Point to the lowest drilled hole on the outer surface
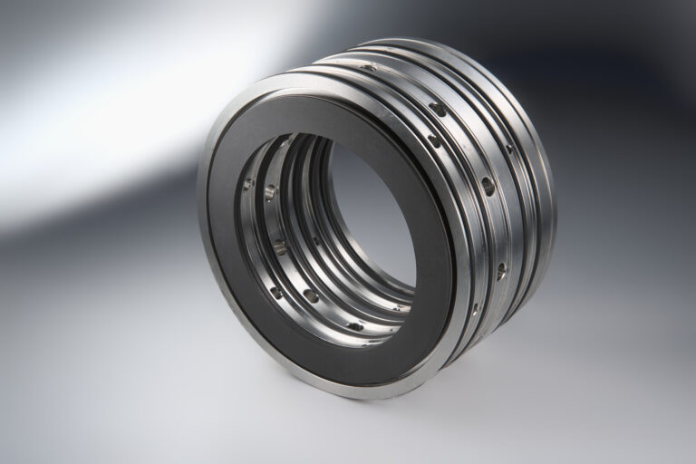(474, 309)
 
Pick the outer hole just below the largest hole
(501, 269)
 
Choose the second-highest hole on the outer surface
(438, 109)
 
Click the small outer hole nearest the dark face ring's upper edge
(434, 141)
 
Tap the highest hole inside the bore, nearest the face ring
(247, 183)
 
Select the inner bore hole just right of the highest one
(269, 191)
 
